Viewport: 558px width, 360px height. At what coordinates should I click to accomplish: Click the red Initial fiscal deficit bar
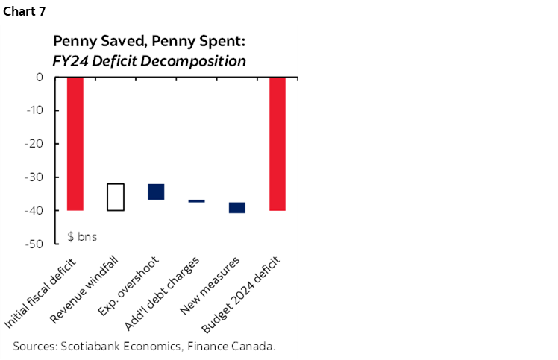tap(75, 143)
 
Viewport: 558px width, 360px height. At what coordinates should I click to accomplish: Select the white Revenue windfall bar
tap(116, 197)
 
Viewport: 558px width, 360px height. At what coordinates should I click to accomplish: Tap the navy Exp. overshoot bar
tap(156, 192)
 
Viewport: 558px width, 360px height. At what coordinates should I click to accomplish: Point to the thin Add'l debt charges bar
tap(197, 201)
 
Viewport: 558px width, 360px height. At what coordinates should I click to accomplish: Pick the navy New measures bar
tap(237, 208)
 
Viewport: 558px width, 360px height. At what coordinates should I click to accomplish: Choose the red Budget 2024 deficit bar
tap(278, 143)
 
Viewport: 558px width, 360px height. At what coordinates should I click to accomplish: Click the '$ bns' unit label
tap(83, 236)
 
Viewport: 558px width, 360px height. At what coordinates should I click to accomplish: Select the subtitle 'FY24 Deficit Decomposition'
tap(149, 61)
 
